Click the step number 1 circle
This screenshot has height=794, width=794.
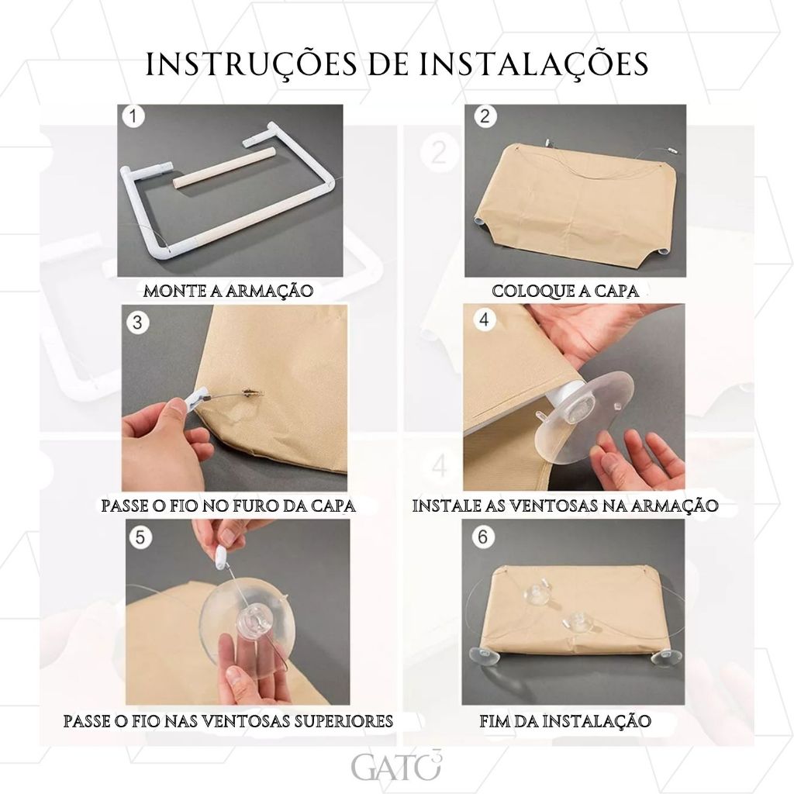(133, 116)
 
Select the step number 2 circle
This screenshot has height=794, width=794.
(485, 116)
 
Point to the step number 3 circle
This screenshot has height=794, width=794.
(136, 322)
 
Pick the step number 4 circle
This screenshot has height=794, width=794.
(485, 320)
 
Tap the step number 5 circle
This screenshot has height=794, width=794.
(140, 537)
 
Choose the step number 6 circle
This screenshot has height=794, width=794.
(482, 537)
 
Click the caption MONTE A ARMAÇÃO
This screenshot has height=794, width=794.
(229, 292)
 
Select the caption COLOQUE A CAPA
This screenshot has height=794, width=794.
(565, 292)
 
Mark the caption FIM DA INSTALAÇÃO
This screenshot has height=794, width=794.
(565, 720)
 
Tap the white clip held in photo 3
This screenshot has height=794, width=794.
(193, 399)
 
